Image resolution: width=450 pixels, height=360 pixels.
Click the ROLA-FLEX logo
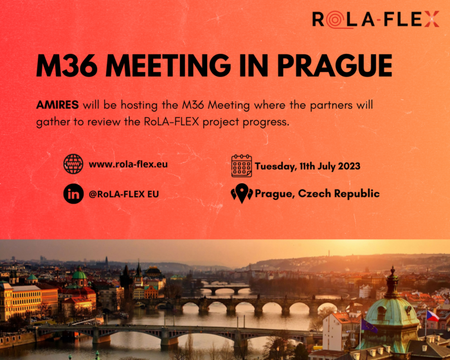375,19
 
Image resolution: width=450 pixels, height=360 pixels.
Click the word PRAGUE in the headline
335,65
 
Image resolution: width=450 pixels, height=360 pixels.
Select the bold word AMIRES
57,105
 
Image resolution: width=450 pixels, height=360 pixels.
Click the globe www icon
73,164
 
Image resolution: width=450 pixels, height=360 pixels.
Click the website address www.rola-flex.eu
128,164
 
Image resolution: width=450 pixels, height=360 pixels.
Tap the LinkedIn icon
73,194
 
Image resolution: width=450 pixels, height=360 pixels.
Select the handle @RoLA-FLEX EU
123,194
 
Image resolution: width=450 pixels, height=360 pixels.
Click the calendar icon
242,166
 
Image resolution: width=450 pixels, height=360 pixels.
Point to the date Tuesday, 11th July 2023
307,166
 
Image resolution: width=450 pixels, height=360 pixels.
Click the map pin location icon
242,194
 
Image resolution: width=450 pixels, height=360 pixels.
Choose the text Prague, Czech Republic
317,194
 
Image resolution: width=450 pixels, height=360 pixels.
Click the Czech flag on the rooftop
433,316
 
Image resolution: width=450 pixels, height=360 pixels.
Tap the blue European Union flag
369,326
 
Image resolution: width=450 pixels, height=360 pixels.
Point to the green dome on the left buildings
79,275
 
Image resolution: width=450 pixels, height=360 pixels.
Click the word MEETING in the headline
168,65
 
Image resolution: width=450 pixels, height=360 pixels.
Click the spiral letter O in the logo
336,19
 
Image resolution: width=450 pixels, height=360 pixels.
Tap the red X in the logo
431,19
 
